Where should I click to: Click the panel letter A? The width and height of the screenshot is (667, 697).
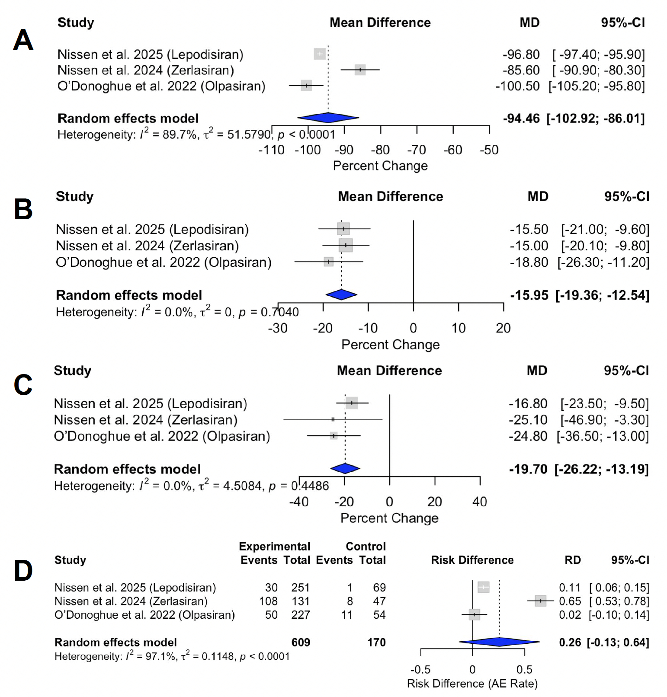click(23, 40)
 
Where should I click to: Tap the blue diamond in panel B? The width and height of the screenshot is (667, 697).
click(341, 294)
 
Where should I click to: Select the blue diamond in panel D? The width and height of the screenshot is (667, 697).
click(499, 642)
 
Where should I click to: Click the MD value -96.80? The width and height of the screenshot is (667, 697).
click(521, 54)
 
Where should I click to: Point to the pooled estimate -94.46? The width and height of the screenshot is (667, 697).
click(521, 118)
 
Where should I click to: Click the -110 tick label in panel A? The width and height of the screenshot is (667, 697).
click(271, 150)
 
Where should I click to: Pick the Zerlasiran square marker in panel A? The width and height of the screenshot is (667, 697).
click(360, 70)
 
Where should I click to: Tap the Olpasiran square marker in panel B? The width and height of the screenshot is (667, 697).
click(329, 262)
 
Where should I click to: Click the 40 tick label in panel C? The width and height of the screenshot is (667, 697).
click(480, 502)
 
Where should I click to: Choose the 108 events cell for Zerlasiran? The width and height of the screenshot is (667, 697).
click(268, 601)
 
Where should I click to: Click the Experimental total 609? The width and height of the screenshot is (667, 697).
click(301, 642)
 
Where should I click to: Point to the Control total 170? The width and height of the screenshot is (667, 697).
click(376, 642)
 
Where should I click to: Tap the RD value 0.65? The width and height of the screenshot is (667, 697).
click(570, 601)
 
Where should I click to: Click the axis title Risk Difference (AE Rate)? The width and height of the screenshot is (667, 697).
click(472, 684)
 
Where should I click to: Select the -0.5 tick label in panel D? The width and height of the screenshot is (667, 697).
click(420, 670)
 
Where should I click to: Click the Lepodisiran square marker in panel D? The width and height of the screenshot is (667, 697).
click(483, 587)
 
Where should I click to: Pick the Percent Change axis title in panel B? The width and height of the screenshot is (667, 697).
click(390, 345)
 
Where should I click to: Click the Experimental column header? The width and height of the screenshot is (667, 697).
click(274, 547)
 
